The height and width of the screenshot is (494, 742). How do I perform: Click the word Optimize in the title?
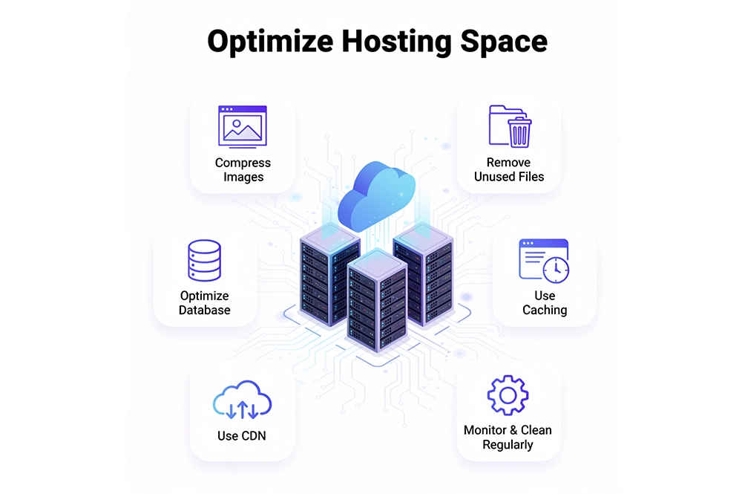tap(270, 42)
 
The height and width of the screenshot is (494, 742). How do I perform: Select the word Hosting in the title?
tap(396, 42)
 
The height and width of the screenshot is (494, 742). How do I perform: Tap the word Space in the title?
tap(504, 42)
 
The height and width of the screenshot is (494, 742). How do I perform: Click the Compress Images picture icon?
tap(243, 126)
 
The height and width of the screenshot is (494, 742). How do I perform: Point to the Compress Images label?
tap(243, 169)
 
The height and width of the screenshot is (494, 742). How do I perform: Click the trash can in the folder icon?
tap(519, 132)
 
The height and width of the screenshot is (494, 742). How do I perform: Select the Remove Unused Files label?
tap(509, 169)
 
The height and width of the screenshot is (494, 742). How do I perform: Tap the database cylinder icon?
tap(205, 261)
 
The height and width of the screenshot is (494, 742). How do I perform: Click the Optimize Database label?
tap(205, 302)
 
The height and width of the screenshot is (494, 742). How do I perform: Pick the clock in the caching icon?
tap(556, 270)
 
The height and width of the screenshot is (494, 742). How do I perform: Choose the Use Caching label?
tap(545, 302)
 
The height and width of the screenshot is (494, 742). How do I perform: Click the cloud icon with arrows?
tap(242, 400)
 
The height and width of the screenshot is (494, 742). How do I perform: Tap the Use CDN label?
tap(241, 436)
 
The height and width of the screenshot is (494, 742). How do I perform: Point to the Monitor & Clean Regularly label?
tap(508, 437)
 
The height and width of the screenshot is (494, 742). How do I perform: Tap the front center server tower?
tap(377, 300)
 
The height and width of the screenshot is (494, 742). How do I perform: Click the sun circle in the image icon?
tap(236, 123)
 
